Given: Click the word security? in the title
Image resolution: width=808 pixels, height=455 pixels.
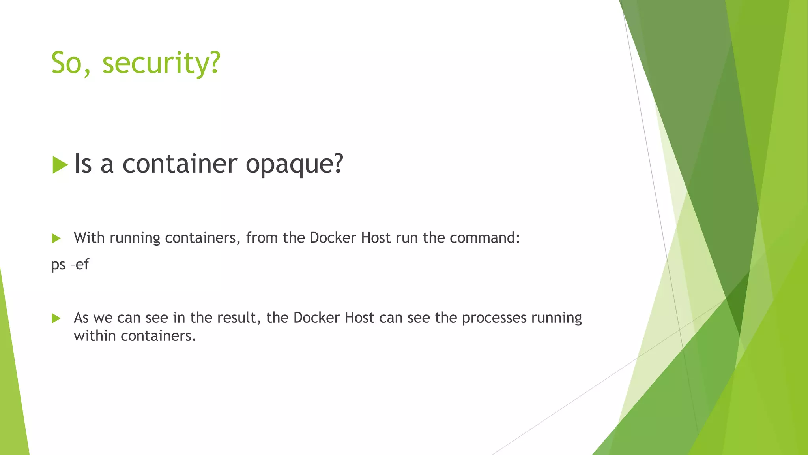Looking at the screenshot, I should (161, 63).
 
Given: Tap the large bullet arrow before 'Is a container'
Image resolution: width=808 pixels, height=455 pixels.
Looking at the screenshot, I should (60, 165).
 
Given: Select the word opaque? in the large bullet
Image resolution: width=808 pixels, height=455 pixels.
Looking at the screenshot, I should (294, 164).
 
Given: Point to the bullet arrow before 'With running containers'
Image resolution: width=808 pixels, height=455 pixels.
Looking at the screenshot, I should (56, 238).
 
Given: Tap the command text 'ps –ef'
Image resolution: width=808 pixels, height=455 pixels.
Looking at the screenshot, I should (70, 264).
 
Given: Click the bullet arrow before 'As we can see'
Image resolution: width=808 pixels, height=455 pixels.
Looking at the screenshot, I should (56, 318).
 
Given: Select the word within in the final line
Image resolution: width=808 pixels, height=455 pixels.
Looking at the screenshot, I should (95, 336).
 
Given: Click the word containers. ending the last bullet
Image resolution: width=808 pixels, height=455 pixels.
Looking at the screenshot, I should (158, 336).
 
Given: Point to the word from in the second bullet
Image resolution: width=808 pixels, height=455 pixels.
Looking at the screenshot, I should (262, 238).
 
